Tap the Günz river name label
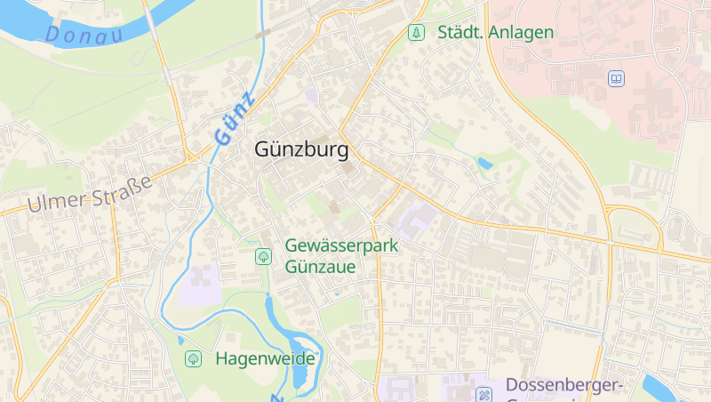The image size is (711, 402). (x=234, y=118)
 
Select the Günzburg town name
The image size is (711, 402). (x=301, y=150)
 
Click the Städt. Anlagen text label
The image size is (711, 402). (x=495, y=33)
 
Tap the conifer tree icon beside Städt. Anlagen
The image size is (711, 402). (x=415, y=33)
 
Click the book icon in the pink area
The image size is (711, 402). (x=616, y=79)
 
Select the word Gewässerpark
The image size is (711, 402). (x=340, y=245)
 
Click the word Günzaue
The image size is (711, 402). (x=321, y=266)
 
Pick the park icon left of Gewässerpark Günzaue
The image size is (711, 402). (x=264, y=256)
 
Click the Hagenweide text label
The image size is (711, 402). (x=265, y=359)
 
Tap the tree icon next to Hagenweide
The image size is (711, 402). (x=193, y=359)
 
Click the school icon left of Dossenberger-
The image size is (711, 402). (x=484, y=393)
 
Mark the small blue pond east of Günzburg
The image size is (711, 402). (x=484, y=164)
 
